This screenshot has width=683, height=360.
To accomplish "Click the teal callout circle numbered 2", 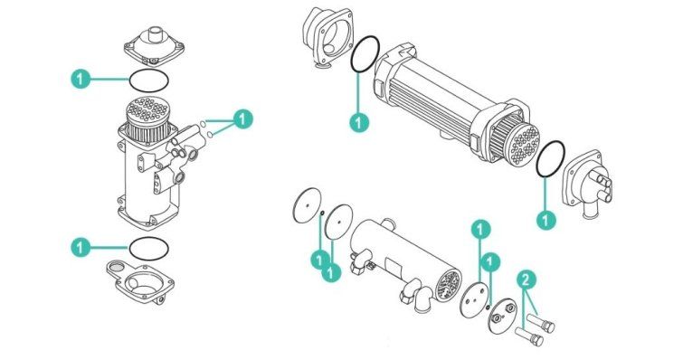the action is pos(526,279).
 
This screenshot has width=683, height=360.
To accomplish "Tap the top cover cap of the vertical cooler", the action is pos(154,46).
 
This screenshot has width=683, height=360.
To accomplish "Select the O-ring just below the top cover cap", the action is pos(148,81).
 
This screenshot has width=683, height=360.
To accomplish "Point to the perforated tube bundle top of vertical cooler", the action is pos(147,111).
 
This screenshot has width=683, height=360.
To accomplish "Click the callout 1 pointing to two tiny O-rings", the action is pos(242,118).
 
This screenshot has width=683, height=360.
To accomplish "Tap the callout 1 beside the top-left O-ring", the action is pos(81,80).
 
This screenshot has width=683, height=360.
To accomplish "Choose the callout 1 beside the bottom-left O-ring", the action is pos(81,248).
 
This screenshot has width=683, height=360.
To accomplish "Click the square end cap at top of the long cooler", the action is pos(327,38).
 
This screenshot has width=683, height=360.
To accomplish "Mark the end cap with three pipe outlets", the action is pos(588,183).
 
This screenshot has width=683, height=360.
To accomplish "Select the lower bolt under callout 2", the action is pos(529,336).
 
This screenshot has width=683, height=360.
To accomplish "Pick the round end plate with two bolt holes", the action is pos(503,317).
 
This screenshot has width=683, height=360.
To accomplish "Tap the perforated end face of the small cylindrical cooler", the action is pos(448,286).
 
